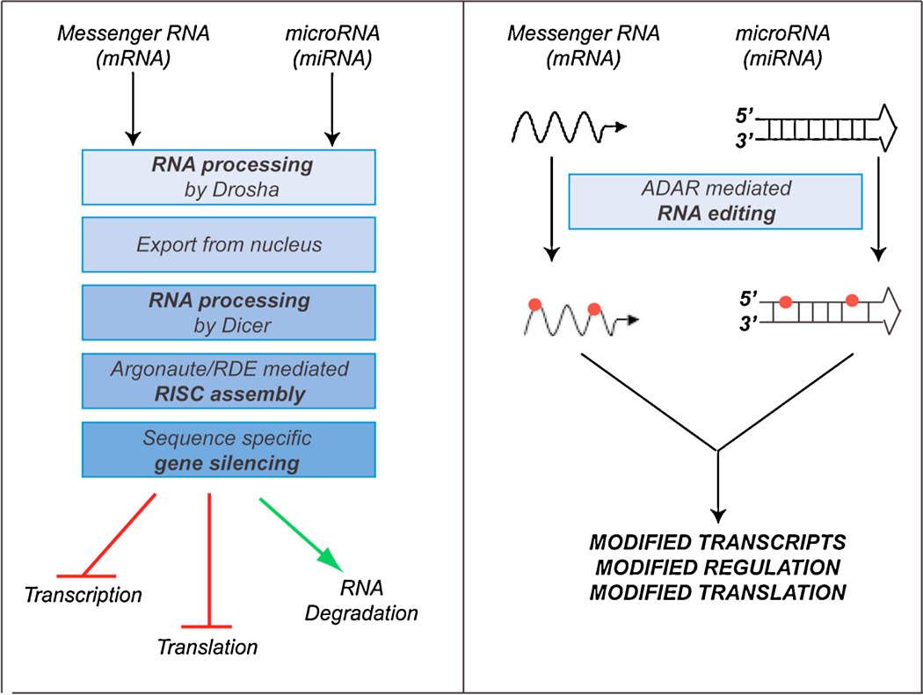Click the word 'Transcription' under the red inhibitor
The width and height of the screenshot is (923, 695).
pos(84,595)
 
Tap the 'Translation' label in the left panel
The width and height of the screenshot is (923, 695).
pos(207,648)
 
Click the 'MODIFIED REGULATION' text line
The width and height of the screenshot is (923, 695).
pos(716,566)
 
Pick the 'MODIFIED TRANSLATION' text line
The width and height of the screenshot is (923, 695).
pos(716,592)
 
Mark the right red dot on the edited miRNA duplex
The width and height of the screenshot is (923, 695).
pos(852,300)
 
